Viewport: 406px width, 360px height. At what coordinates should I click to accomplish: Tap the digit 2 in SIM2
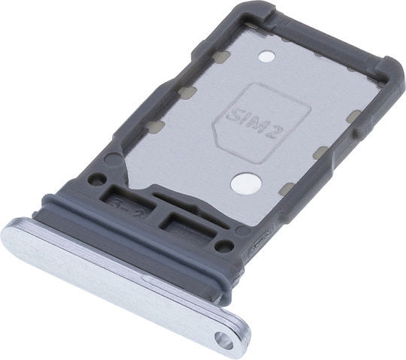277,132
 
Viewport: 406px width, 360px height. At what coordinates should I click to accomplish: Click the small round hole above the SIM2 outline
267,56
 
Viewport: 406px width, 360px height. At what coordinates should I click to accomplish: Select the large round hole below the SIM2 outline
246,183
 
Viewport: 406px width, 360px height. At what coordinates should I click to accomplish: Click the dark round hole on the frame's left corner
97,179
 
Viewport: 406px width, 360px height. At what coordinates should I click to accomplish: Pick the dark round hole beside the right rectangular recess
224,246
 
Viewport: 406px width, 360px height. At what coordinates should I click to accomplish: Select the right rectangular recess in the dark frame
189,225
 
